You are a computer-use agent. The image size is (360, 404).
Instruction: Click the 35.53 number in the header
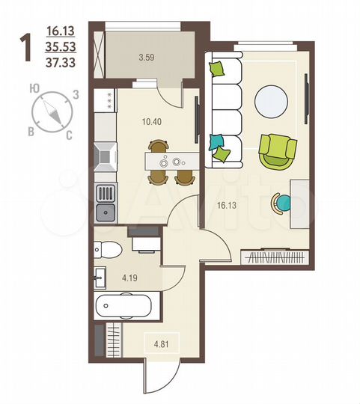61,48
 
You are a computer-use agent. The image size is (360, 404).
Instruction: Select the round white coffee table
271,100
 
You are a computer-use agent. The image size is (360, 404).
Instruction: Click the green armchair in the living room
278,150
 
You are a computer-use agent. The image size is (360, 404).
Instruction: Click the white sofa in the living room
225,109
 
